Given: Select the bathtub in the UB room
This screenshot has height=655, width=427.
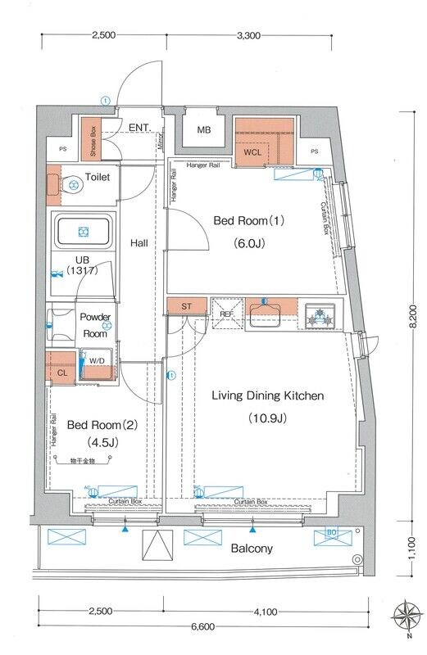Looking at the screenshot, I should point(82,233).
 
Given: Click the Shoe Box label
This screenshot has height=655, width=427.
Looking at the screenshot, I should point(94,141).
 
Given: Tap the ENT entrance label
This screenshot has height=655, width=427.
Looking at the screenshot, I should point(139,127).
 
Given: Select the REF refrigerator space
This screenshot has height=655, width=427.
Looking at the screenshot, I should point(225,312).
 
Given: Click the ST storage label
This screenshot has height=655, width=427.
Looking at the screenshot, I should point(186,306).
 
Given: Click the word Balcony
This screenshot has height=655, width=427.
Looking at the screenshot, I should point(252,549).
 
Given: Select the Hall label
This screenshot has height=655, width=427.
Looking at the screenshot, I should point(139,243).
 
